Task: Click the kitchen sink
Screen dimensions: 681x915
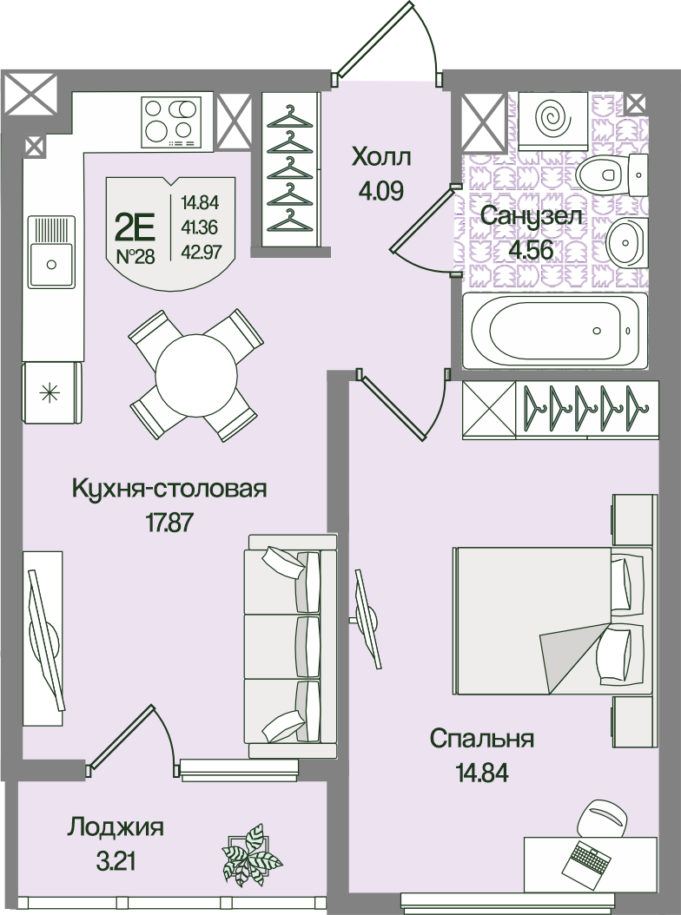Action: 51,252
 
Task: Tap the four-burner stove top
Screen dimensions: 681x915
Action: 169,120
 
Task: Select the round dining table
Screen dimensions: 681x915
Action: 196,375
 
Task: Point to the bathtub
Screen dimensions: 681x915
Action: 555,330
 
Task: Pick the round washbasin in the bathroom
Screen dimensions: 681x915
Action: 624,245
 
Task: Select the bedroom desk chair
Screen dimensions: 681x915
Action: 602,817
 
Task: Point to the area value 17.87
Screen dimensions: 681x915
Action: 169,522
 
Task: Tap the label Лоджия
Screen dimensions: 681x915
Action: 115,828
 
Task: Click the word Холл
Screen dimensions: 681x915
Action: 381,156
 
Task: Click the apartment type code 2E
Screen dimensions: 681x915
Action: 135,227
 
